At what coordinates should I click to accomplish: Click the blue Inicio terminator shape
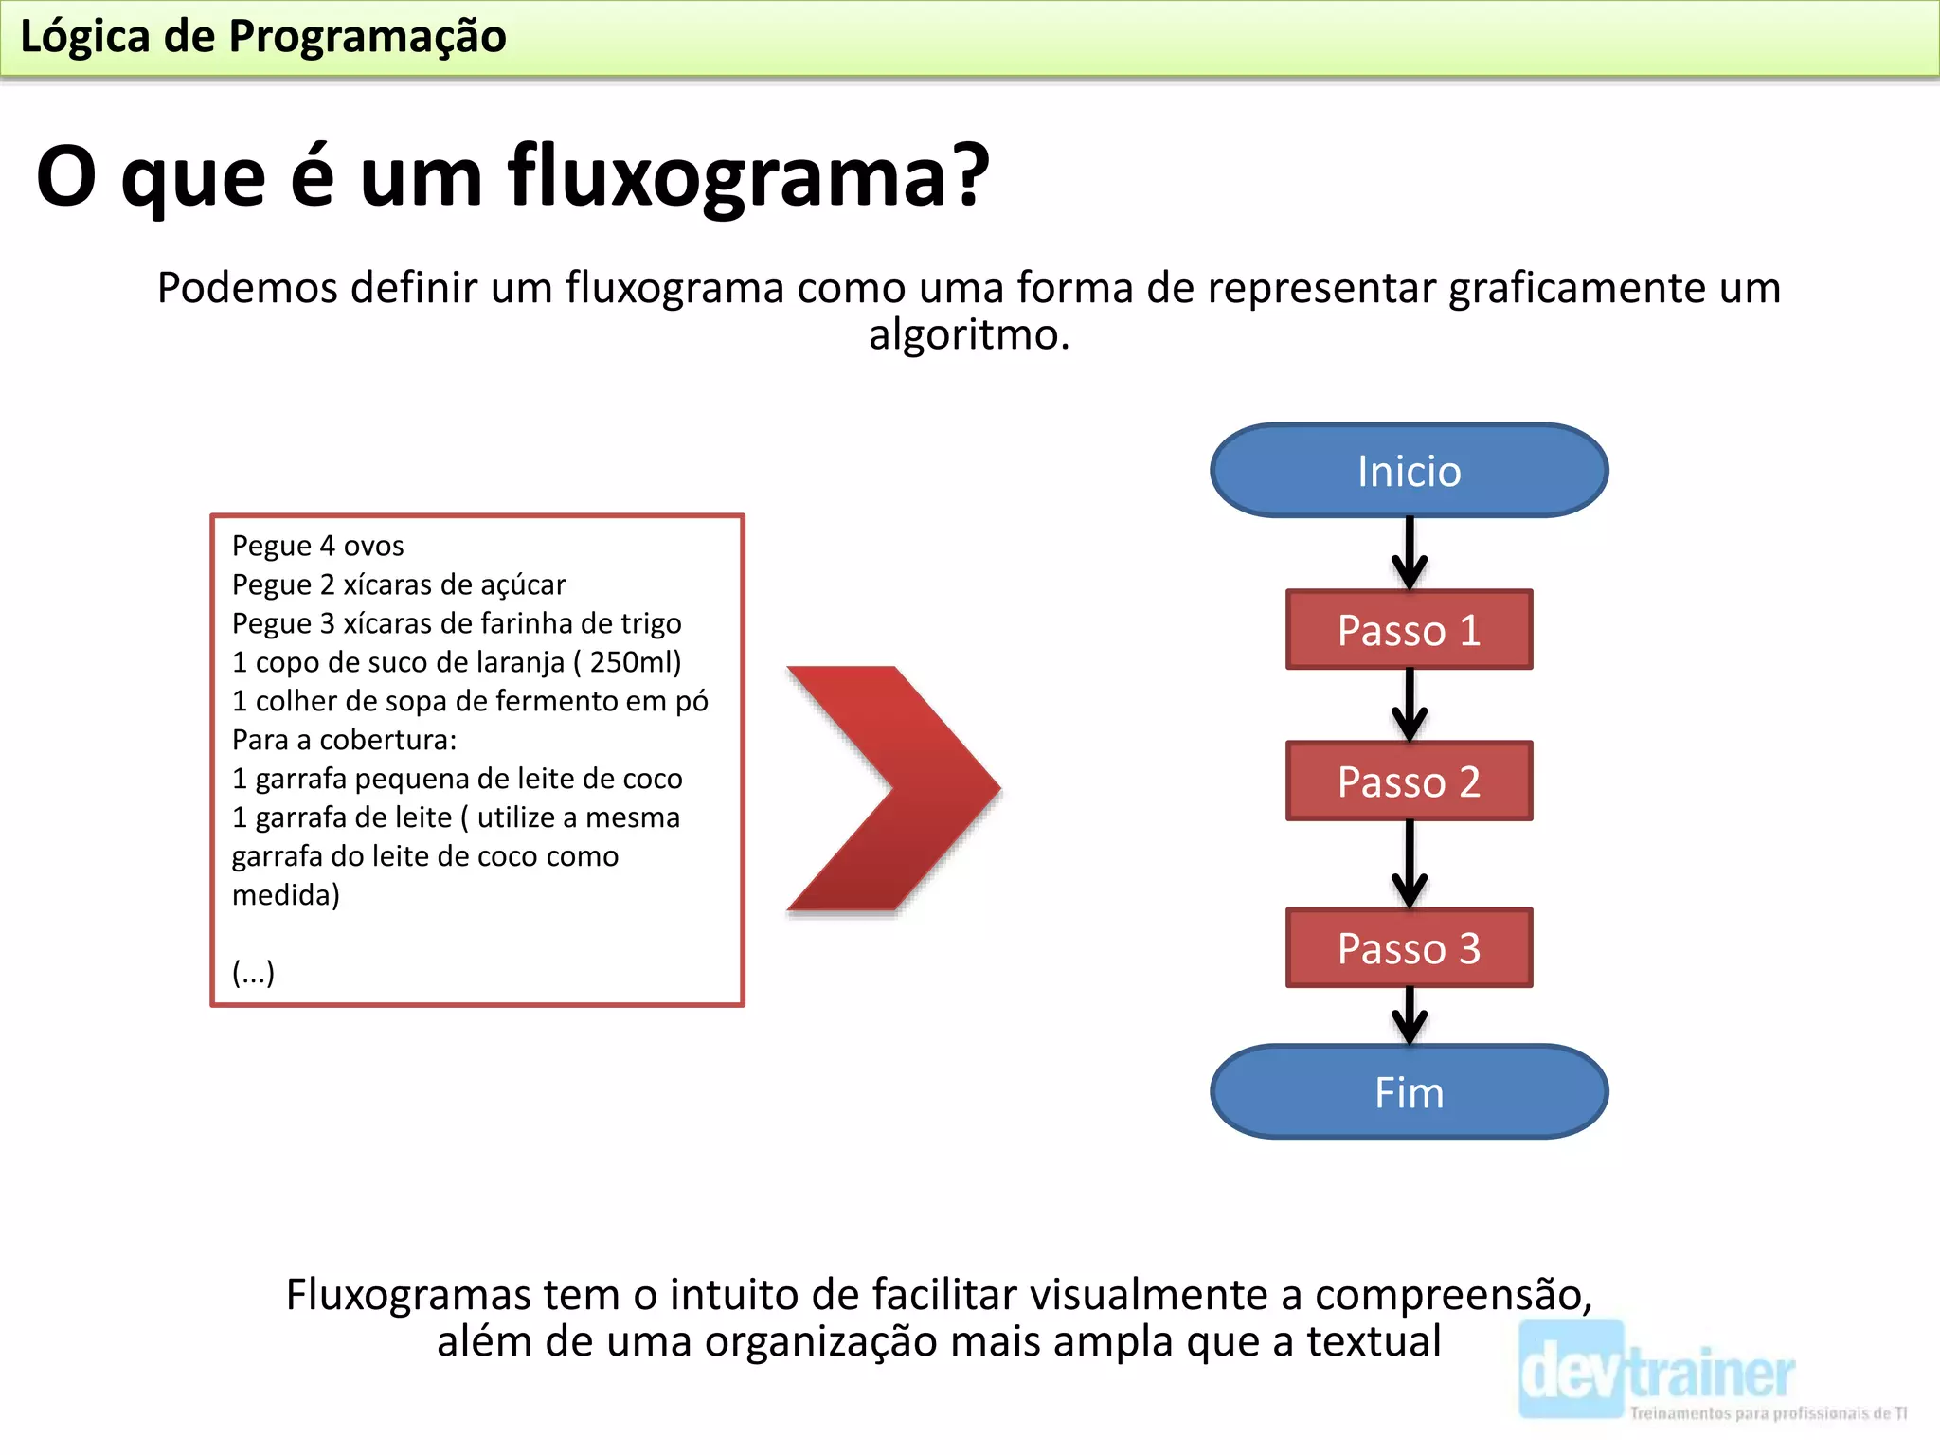click(x=1409, y=471)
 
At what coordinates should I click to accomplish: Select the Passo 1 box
click(x=1409, y=630)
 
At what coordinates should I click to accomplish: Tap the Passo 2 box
click(x=1409, y=781)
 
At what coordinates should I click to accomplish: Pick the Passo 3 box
click(x=1409, y=948)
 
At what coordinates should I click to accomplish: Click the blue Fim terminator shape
click(x=1409, y=1092)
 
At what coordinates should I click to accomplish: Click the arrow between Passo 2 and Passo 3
click(x=1409, y=863)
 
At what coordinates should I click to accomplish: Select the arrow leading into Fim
click(x=1409, y=1015)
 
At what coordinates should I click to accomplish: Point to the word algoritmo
click(x=968, y=334)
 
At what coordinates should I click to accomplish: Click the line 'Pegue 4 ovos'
click(x=317, y=546)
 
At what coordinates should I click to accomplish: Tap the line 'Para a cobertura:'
click(x=344, y=740)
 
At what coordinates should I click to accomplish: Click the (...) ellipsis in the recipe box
click(x=253, y=973)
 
